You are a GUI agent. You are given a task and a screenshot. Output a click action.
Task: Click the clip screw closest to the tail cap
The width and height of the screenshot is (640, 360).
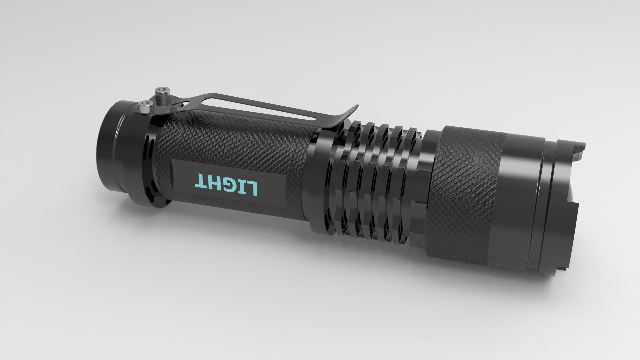click(x=145, y=107)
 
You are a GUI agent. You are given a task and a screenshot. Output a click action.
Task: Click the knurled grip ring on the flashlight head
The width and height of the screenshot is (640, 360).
click(x=467, y=187)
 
